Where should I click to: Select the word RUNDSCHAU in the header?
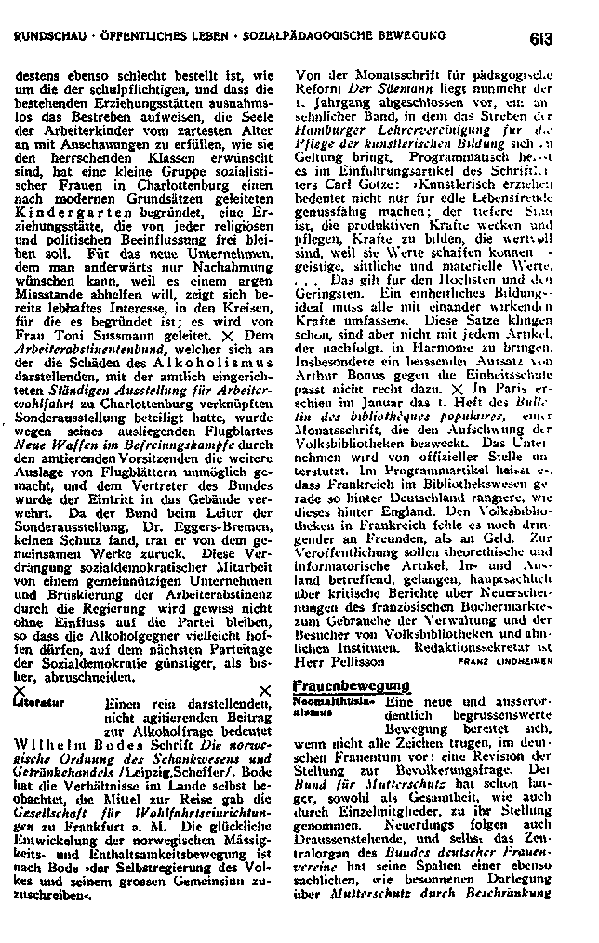pos(53,38)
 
